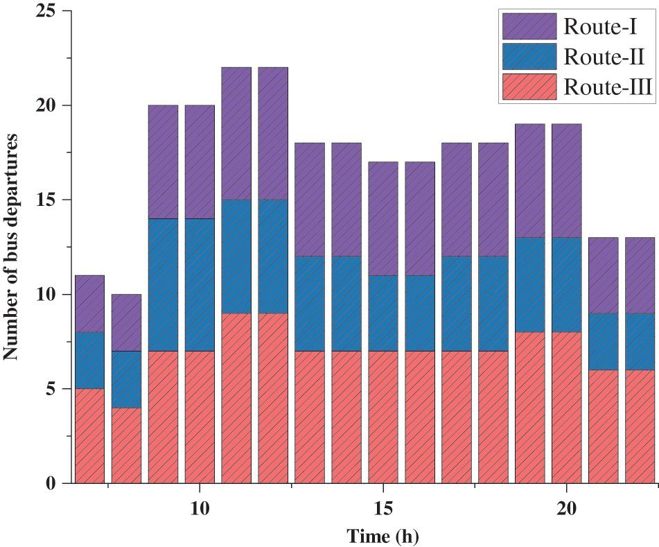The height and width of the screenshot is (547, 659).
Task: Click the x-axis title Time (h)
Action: point(383,535)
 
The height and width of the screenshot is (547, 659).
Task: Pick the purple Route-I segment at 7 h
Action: point(89,304)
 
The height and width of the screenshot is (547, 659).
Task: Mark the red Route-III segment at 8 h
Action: point(126,445)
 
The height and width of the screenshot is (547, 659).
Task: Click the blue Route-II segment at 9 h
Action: point(163,285)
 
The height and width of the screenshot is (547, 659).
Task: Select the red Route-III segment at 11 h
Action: point(236,398)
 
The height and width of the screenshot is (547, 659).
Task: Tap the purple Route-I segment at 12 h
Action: point(273,134)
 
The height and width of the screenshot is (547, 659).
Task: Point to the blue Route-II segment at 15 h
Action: point(383,313)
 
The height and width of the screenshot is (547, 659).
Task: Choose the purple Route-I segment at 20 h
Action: point(567,181)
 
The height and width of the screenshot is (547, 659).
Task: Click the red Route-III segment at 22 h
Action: point(640,426)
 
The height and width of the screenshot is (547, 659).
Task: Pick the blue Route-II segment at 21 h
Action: point(604,341)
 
